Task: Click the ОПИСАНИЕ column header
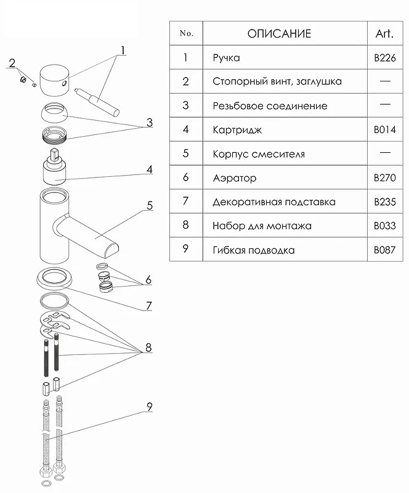pyautogui.click(x=279, y=33)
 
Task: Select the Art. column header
pyautogui.click(x=384, y=33)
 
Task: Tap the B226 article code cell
pyautogui.click(x=385, y=58)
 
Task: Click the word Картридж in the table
pyautogui.click(x=237, y=130)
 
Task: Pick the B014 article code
pyautogui.click(x=385, y=129)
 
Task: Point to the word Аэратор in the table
pyautogui.click(x=235, y=178)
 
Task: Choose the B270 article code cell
pyautogui.click(x=385, y=177)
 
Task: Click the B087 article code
pyautogui.click(x=385, y=250)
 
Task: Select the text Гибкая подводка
pyautogui.click(x=254, y=250)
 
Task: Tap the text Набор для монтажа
pyautogui.click(x=262, y=226)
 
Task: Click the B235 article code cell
pyautogui.click(x=385, y=202)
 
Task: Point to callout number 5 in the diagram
pyautogui.click(x=150, y=205)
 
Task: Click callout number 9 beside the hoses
pyautogui.click(x=150, y=407)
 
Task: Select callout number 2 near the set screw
pyautogui.click(x=12, y=63)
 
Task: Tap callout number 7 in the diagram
pyautogui.click(x=149, y=306)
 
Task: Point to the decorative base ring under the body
pyautogui.click(x=55, y=278)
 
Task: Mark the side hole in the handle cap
pyautogui.click(x=65, y=83)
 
